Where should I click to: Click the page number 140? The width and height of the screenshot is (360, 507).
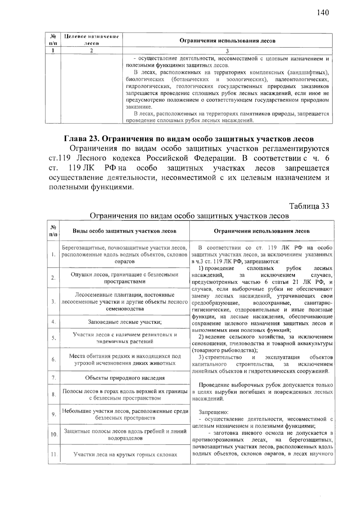[322, 13]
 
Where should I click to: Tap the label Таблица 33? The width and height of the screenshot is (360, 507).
[309, 206]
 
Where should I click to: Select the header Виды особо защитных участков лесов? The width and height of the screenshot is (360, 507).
[124, 231]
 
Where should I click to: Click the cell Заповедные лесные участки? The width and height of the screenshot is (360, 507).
[125, 322]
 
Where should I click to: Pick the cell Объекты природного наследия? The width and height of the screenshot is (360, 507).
[125, 378]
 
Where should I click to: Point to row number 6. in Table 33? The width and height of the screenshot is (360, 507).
[54, 360]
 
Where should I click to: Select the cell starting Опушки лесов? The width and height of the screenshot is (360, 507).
[125, 278]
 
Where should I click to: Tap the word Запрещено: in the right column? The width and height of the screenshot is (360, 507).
[214, 412]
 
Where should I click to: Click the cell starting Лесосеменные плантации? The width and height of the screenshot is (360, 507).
[125, 302]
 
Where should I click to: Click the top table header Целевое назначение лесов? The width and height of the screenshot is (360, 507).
[91, 40]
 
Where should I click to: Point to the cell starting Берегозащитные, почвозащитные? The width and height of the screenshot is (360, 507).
[125, 255]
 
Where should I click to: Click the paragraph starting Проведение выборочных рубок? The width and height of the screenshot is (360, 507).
[262, 392]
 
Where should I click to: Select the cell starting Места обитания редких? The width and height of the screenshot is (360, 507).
[125, 360]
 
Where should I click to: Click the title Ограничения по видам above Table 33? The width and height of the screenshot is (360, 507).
[189, 216]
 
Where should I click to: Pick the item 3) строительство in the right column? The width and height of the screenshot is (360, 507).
[262, 364]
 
